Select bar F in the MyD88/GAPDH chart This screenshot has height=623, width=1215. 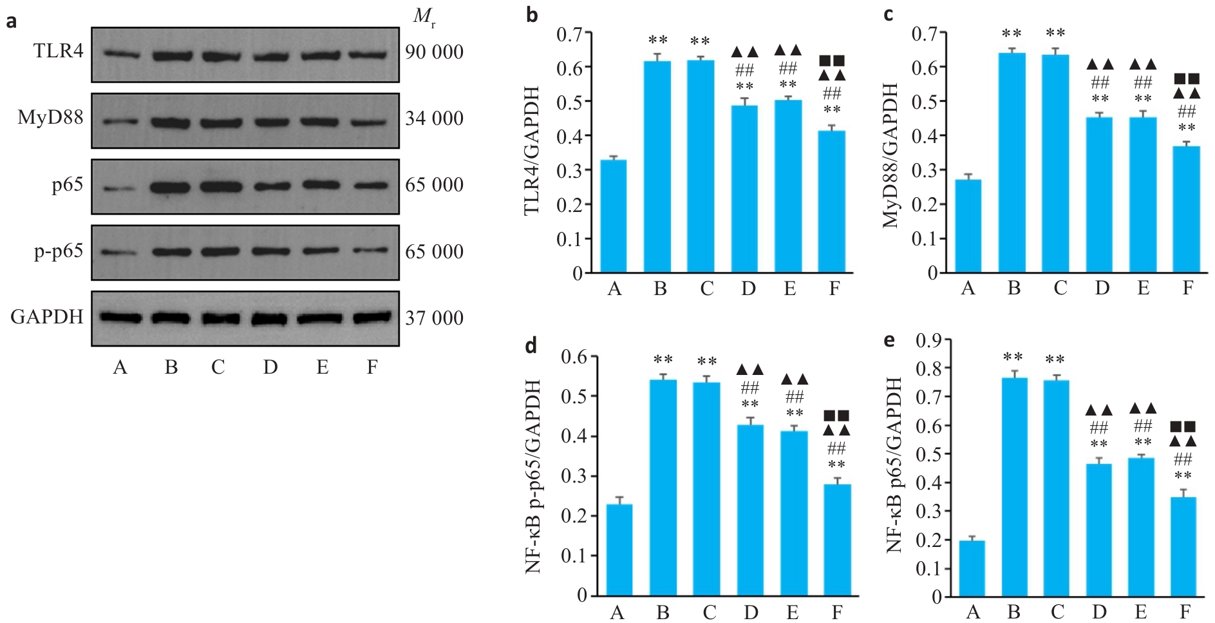(1187, 209)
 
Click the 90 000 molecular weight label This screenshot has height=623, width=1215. (434, 52)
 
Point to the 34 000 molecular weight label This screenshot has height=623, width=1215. (434, 119)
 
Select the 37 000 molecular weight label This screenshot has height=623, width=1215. (434, 318)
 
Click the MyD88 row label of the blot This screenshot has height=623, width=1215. (50, 119)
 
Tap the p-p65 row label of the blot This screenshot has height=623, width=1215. (58, 251)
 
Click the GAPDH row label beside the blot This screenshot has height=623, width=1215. (46, 317)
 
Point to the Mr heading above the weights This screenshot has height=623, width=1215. (424, 17)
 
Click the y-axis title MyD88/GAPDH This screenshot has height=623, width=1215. (890, 155)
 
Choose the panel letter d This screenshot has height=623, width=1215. (531, 346)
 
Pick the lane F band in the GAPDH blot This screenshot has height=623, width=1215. (372, 318)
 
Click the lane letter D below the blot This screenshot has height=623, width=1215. (270, 367)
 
